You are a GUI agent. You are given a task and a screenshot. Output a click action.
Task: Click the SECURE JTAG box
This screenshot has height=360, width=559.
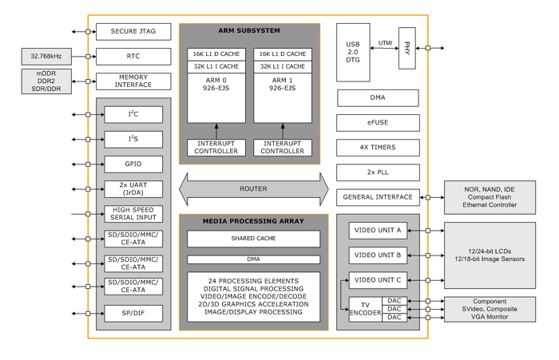pos(133,32)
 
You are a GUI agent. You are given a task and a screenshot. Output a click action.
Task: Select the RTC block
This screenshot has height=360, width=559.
pos(133,57)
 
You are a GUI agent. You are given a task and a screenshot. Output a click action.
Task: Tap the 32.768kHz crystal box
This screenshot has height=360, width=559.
pos(46,57)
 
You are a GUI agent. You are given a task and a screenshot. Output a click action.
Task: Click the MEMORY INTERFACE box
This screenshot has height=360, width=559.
pos(133,81)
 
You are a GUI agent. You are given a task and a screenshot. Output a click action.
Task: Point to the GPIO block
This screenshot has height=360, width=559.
pos(133,164)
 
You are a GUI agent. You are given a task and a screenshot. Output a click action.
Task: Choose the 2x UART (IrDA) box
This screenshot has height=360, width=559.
pos(133,189)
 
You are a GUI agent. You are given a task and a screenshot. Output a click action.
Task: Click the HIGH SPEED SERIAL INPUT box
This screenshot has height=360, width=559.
pos(133,214)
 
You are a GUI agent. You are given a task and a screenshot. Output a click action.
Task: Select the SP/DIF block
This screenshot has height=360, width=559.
pos(133,314)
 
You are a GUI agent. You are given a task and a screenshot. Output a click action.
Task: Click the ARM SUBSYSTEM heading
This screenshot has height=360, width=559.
pos(249,30)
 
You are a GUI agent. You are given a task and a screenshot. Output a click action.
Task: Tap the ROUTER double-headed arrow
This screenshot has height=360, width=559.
pos(253,189)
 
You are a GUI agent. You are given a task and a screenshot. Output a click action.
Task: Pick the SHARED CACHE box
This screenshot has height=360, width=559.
pos(253,239)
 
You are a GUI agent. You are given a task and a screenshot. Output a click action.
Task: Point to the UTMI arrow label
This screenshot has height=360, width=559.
pos(385,44)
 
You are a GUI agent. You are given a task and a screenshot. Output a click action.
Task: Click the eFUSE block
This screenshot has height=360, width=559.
pos(378,123)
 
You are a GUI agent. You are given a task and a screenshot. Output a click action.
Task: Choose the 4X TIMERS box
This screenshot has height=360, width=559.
pos(378,148)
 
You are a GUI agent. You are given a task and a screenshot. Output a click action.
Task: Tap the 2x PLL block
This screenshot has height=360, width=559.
pos(378,172)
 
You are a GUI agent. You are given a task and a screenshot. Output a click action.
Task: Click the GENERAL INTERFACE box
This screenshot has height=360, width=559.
pos(378,197)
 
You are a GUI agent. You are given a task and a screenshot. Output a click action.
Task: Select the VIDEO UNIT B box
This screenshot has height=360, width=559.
pos(378,255)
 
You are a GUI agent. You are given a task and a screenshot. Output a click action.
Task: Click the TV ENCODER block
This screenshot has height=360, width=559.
pos(365,308)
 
